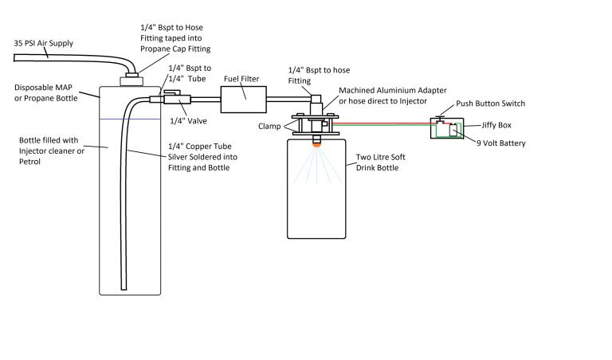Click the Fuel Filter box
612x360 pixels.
pyautogui.click(x=244, y=100)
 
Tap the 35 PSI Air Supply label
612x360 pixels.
pyautogui.click(x=44, y=43)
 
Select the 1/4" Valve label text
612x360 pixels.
pyautogui.click(x=189, y=121)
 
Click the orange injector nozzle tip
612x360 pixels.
pyautogui.click(x=316, y=145)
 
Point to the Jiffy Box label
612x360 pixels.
pyautogui.click(x=496, y=125)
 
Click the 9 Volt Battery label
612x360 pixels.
pyautogui.click(x=501, y=143)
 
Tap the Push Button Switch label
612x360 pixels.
pyautogui.click(x=491, y=104)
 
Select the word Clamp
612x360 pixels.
pyautogui.click(x=269, y=127)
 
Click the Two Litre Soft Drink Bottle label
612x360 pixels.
pyautogui.click(x=381, y=162)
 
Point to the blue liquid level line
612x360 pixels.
pyautogui.click(x=130, y=119)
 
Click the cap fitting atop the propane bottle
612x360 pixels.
pyautogui.click(x=131, y=79)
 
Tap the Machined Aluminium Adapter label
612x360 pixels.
pyautogui.click(x=393, y=96)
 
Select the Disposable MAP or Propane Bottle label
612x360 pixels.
pyautogui.click(x=46, y=93)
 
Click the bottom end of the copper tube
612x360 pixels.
pyautogui.click(x=124, y=289)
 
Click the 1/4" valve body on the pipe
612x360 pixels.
pyautogui.click(x=177, y=98)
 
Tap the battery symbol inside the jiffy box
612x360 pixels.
pyautogui.click(x=453, y=131)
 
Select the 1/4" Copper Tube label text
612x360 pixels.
pyautogui.click(x=202, y=157)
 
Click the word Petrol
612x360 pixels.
pyautogui.click(x=29, y=162)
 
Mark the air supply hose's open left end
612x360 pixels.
pyautogui.click(x=14, y=58)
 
